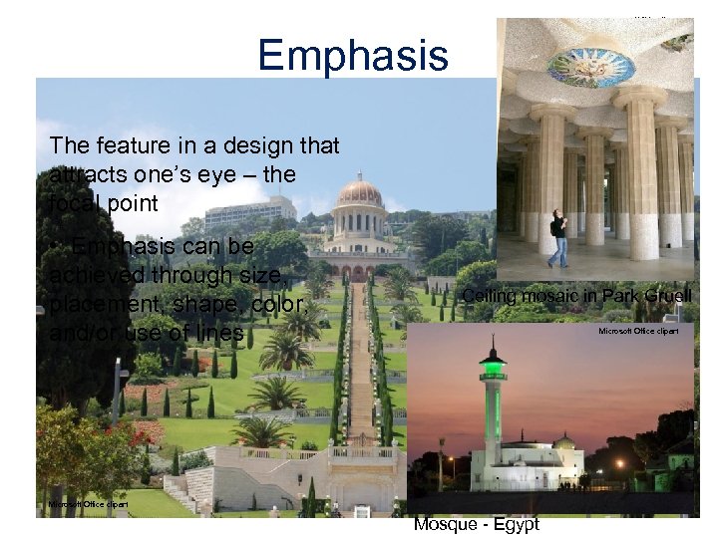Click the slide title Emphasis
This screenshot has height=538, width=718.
353,55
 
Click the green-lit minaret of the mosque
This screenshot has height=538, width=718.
493,399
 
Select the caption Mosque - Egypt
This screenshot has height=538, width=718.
477,524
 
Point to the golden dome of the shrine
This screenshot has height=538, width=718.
359,191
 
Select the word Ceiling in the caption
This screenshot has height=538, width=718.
491,296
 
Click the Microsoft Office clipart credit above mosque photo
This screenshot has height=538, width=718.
638,330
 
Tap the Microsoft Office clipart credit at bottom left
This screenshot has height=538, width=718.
88,504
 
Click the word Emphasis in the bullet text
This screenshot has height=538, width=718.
128,246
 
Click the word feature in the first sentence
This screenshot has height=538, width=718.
129,145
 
